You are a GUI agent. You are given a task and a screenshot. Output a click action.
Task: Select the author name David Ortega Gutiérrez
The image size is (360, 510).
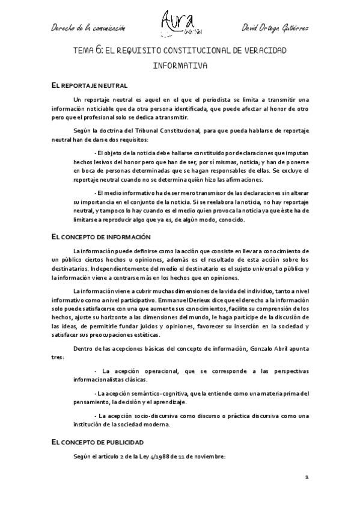coord(274,28)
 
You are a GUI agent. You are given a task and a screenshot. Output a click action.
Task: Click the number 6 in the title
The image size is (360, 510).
coord(98,52)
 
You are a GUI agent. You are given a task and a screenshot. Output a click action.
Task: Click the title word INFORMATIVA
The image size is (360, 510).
coord(180,66)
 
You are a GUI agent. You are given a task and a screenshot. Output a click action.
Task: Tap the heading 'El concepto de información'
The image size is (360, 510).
coord(101,237)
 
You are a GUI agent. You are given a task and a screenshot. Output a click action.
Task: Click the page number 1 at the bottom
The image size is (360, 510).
coord(306,477)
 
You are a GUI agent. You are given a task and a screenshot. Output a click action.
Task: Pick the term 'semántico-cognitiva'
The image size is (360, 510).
coord(157,394)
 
